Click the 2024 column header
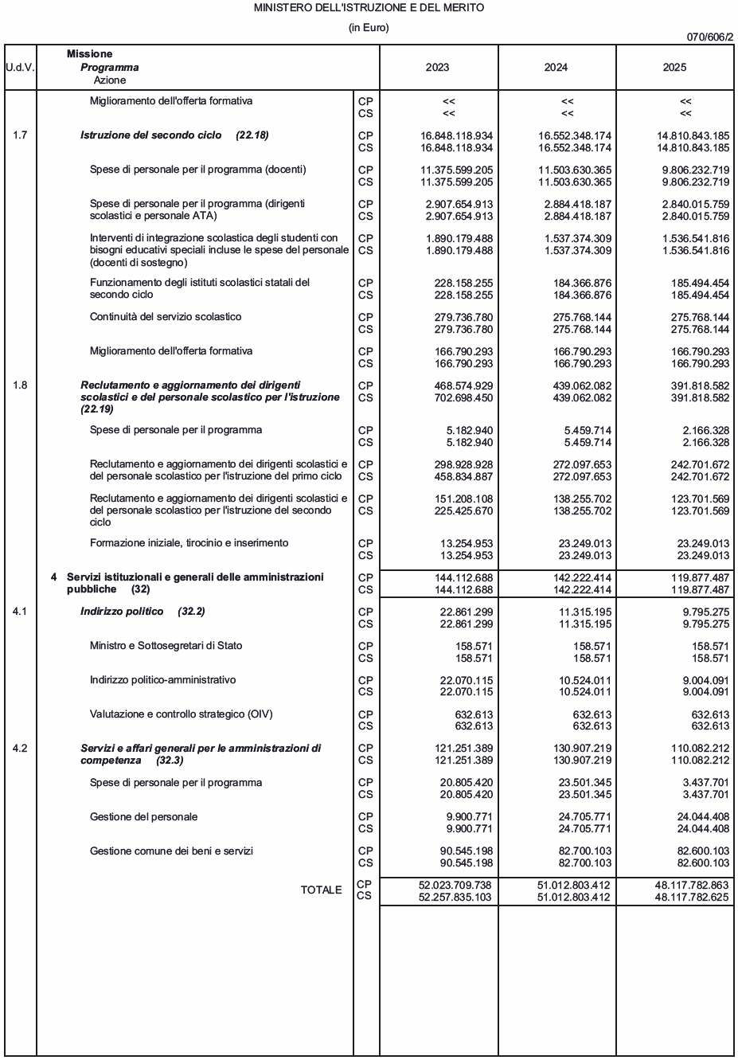pyautogui.click(x=556, y=68)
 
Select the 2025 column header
pyautogui.click(x=674, y=68)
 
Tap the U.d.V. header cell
pyautogui.click(x=20, y=68)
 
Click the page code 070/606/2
pyautogui.click(x=710, y=37)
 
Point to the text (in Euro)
pyautogui.click(x=369, y=28)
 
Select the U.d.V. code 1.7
pyautogui.click(x=20, y=135)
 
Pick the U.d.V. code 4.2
pyautogui.click(x=20, y=749)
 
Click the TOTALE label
pyautogui.click(x=321, y=890)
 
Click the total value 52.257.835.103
pyautogui.click(x=455, y=898)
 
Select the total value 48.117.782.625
pyautogui.click(x=692, y=898)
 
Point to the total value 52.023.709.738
pyautogui.click(x=455, y=886)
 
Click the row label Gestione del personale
pyautogui.click(x=143, y=817)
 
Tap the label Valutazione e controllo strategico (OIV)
pyautogui.click(x=181, y=714)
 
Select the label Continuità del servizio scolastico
pyautogui.click(x=166, y=317)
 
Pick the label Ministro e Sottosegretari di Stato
pyautogui.click(x=166, y=646)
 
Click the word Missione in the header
pyautogui.click(x=89, y=54)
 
